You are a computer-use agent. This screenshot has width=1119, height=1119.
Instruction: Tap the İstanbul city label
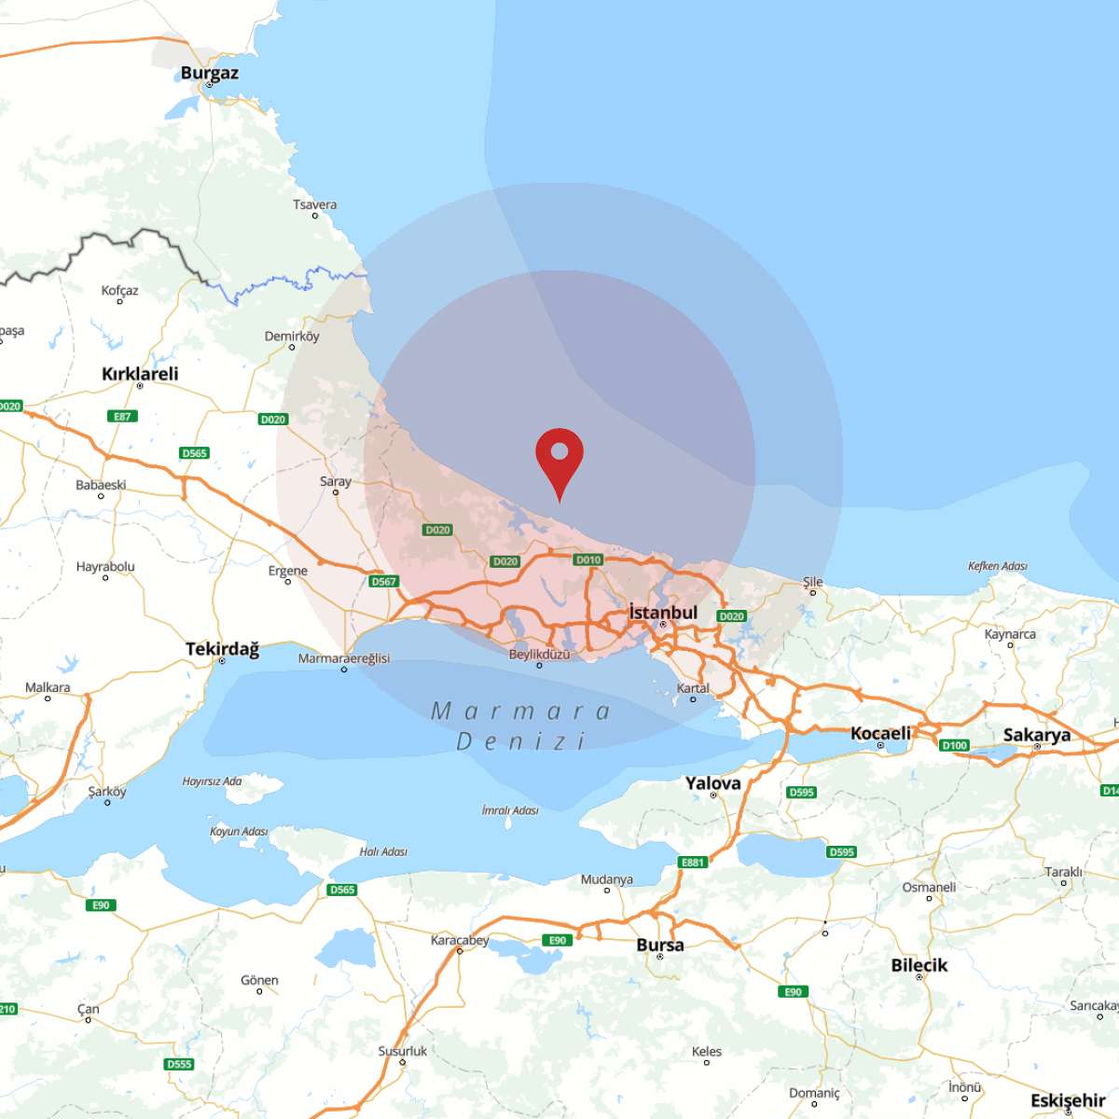pyautogui.click(x=663, y=613)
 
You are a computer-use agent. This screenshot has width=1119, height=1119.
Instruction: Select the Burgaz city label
pyautogui.click(x=210, y=73)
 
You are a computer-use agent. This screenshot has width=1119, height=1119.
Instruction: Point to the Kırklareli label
pyautogui.click(x=140, y=374)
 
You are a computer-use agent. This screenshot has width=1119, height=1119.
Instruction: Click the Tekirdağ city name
pyautogui.click(x=222, y=649)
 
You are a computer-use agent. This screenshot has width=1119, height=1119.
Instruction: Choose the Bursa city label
pyautogui.click(x=660, y=946)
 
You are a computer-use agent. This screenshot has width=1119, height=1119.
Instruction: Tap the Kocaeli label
pyautogui.click(x=880, y=734)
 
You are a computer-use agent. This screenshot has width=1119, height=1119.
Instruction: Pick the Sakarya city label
pyautogui.click(x=1037, y=735)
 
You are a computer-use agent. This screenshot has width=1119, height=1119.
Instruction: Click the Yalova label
pyautogui.click(x=713, y=783)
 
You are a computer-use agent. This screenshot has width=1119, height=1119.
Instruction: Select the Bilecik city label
pyautogui.click(x=919, y=965)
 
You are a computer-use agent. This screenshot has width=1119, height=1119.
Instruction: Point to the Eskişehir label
pyautogui.click(x=1068, y=1100)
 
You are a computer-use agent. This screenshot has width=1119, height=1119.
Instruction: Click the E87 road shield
pyautogui.click(x=122, y=416)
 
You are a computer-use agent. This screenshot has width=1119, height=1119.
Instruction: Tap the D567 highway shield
pyautogui.click(x=384, y=581)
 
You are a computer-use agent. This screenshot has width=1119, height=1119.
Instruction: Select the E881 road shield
pyautogui.click(x=693, y=863)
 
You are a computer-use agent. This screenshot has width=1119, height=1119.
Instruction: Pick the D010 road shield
pyautogui.click(x=588, y=559)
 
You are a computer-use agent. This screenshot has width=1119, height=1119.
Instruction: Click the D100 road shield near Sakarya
pyautogui.click(x=955, y=745)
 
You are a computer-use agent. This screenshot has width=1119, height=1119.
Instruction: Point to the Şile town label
pyautogui.click(x=813, y=582)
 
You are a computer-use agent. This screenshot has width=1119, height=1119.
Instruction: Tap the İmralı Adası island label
pyautogui.click(x=510, y=810)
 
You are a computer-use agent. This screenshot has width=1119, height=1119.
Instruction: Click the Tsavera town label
pyautogui.click(x=315, y=205)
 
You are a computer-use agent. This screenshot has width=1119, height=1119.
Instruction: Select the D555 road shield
pyautogui.click(x=179, y=1064)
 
